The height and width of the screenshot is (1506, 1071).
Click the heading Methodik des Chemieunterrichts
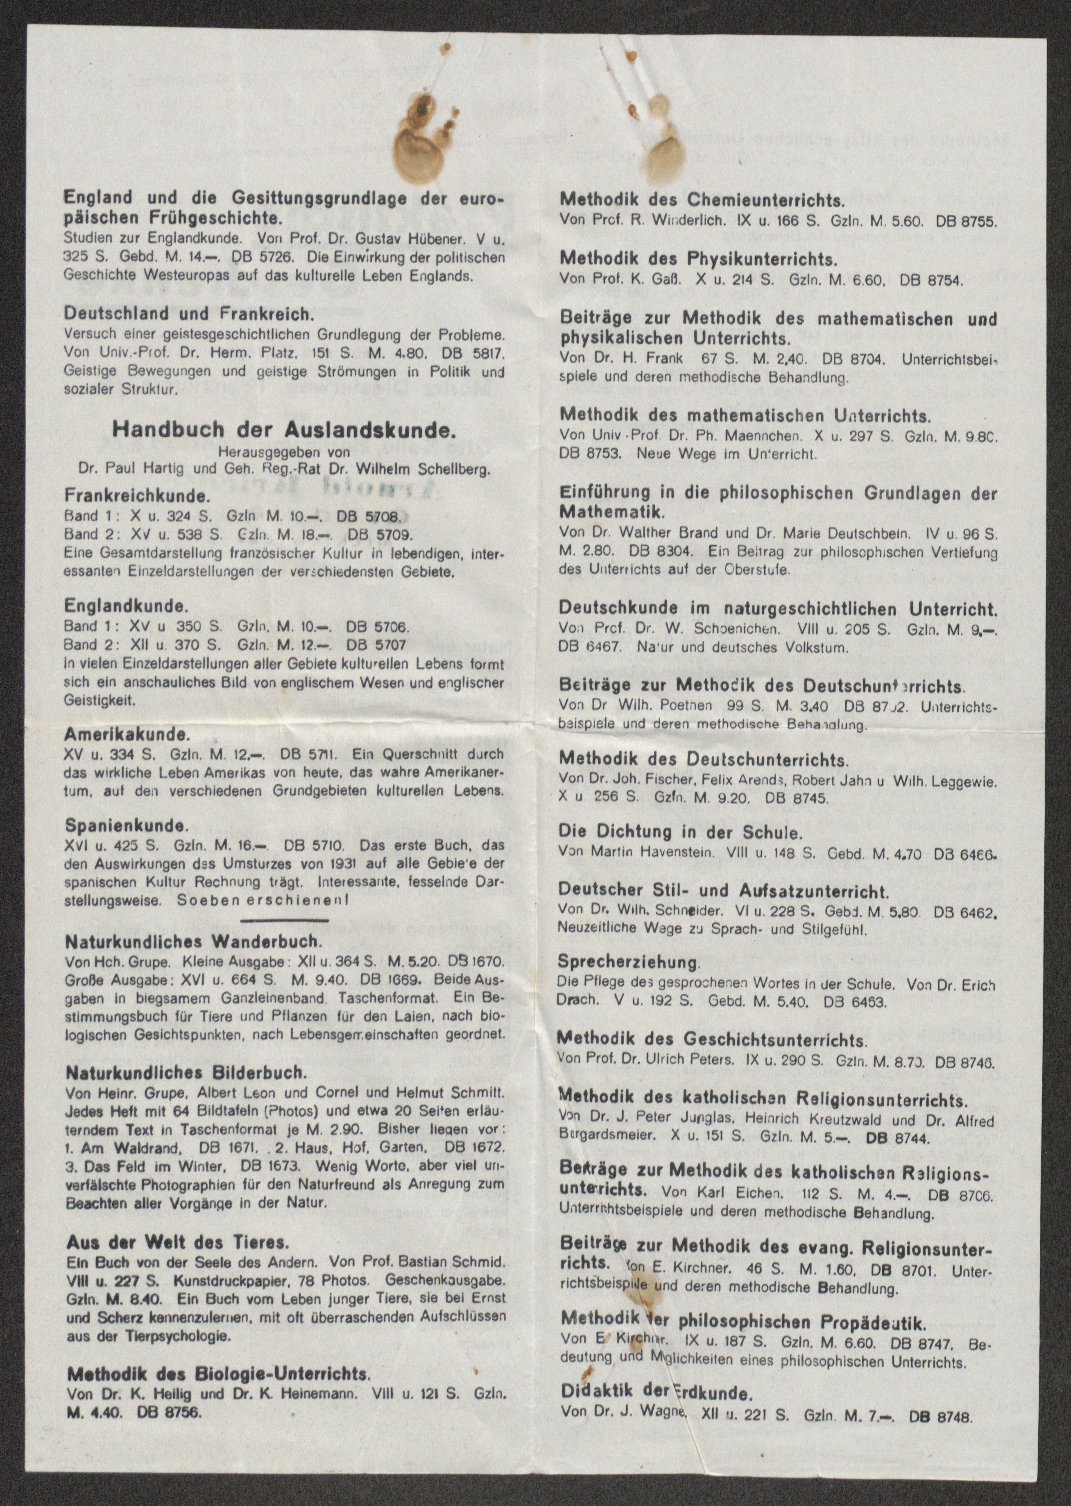(702, 200)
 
